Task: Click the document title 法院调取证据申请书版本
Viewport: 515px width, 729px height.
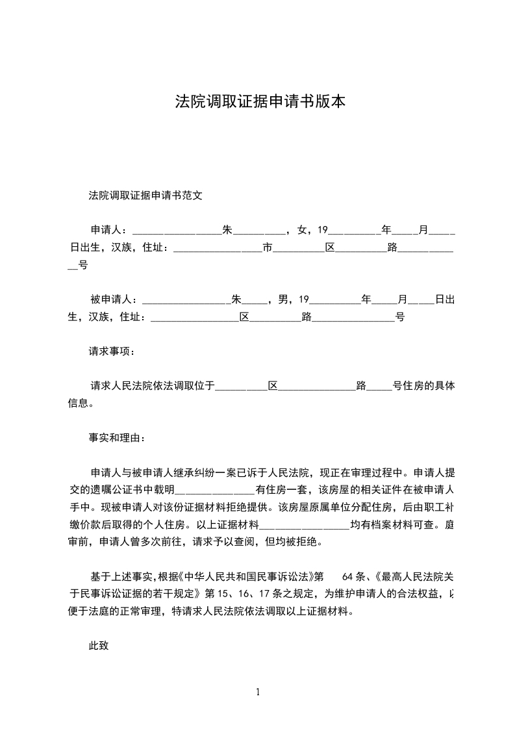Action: coord(260,101)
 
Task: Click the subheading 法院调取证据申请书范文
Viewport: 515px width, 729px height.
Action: coord(145,195)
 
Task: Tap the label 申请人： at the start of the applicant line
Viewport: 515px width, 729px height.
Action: coord(111,229)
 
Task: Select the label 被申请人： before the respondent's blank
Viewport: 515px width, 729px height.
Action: coord(114,300)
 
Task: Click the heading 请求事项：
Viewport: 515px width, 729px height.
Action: coord(112,352)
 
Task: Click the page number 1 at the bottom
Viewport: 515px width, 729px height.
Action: coord(258,692)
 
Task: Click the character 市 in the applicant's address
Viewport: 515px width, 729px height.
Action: coord(267,247)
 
